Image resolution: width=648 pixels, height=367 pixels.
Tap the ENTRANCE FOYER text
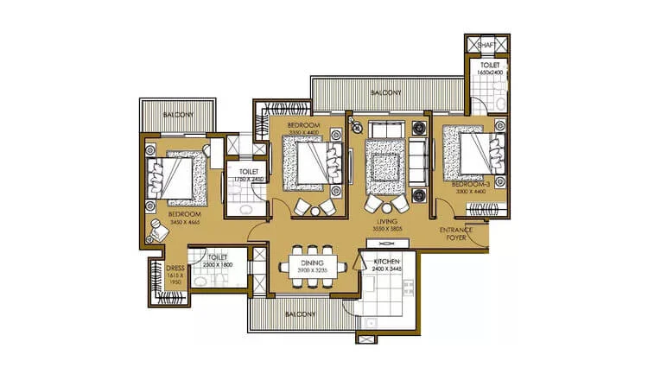pyautogui.click(x=455, y=235)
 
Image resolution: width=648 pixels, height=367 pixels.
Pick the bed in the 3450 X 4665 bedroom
pyautogui.click(x=179, y=176)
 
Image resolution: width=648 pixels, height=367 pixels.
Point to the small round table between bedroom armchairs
pyautogui.click(x=315, y=210)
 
